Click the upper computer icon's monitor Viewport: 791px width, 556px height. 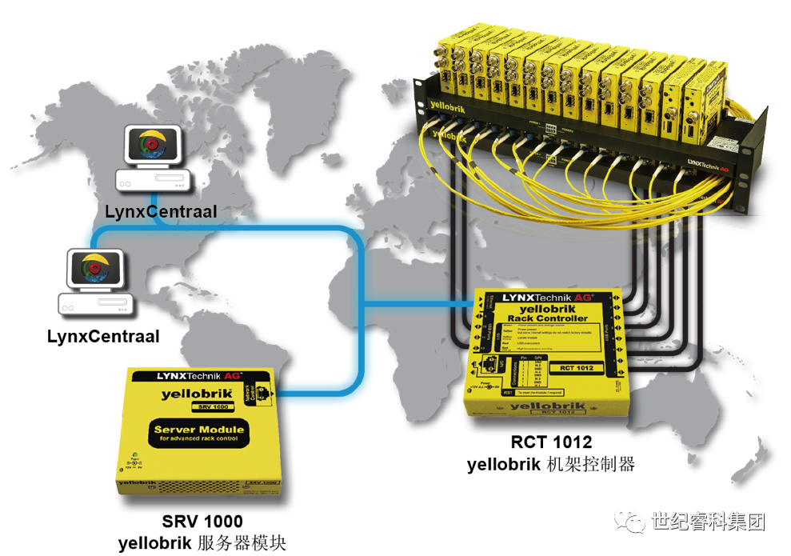tap(151, 146)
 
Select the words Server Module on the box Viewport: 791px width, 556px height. tap(198, 433)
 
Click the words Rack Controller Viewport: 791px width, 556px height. tap(548, 318)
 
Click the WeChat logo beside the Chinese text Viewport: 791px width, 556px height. tap(629, 522)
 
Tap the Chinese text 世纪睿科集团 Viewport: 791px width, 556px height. tap(709, 522)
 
